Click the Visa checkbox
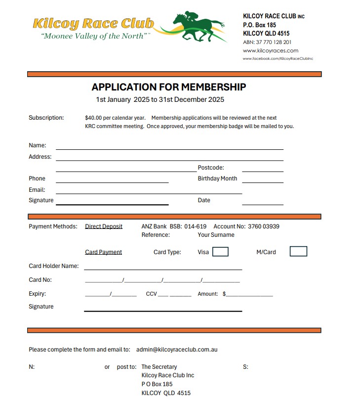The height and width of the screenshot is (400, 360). [x=220, y=252]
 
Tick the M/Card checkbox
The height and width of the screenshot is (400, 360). [x=298, y=252]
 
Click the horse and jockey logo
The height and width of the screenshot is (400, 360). [x=198, y=26]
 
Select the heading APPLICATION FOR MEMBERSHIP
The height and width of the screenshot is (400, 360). [x=168, y=87]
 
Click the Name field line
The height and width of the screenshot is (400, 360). [x=169, y=148]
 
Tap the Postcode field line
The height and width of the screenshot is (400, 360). [x=262, y=171]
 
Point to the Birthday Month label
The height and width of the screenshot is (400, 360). [x=217, y=178]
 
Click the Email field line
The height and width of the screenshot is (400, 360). [x=149, y=193]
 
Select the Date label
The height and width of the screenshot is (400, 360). [x=204, y=200]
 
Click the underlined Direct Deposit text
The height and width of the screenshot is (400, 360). [x=104, y=226]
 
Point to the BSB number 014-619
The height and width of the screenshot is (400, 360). [x=196, y=226]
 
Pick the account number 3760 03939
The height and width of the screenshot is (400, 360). [x=263, y=226]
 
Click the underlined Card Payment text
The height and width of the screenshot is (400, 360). [x=103, y=252]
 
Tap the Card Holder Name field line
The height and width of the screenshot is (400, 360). [x=163, y=268]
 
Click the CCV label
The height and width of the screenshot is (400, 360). [x=151, y=294]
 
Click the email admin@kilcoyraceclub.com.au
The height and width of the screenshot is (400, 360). [x=177, y=349]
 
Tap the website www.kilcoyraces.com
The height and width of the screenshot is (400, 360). [x=270, y=50]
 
